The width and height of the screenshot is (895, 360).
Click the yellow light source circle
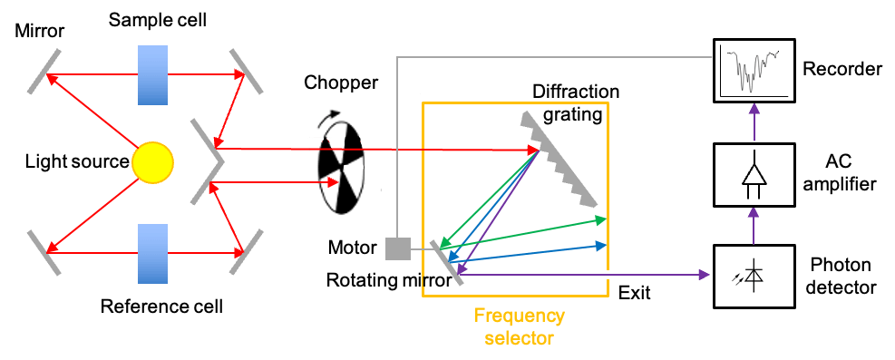click(152, 162)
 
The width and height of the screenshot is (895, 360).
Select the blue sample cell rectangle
click(152, 74)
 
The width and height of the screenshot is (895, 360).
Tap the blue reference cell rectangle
click(152, 253)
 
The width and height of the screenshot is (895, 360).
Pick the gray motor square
click(398, 248)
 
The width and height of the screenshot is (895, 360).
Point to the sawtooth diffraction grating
click(559, 158)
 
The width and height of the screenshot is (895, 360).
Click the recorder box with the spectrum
click(753, 70)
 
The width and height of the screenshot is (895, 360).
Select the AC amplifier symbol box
click(753, 175)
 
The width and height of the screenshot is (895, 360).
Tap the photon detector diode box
click(753, 277)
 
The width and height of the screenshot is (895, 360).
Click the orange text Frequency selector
click(519, 326)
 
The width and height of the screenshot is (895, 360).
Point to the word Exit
click(635, 293)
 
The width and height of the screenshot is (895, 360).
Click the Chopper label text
click(341, 83)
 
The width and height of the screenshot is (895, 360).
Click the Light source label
click(77, 162)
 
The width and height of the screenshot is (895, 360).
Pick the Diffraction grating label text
click(575, 103)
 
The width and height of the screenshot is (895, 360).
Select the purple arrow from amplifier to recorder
click(754, 122)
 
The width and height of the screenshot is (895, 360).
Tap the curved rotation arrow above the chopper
click(332, 119)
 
